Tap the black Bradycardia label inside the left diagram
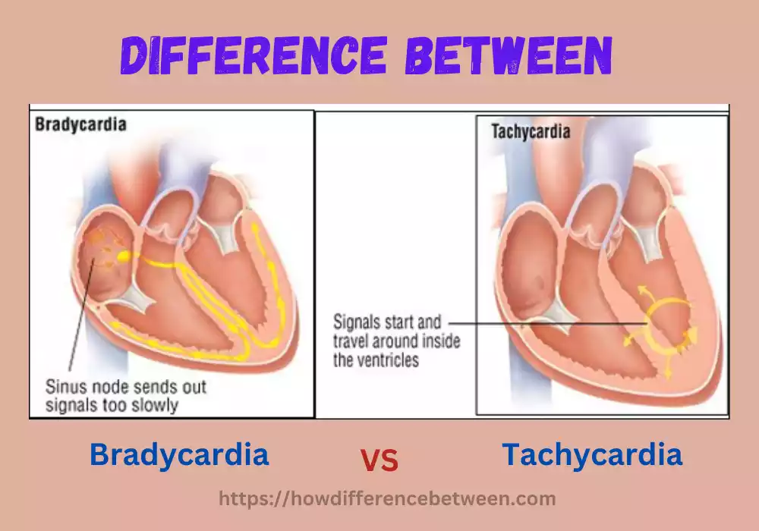point(80,124)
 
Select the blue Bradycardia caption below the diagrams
point(179,455)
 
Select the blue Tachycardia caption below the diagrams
point(592,455)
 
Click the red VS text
point(379,460)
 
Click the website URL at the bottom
point(387,498)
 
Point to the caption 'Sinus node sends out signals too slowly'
point(126,396)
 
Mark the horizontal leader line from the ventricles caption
point(546,322)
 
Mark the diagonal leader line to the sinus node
point(81,319)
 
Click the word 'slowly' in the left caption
point(156,405)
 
